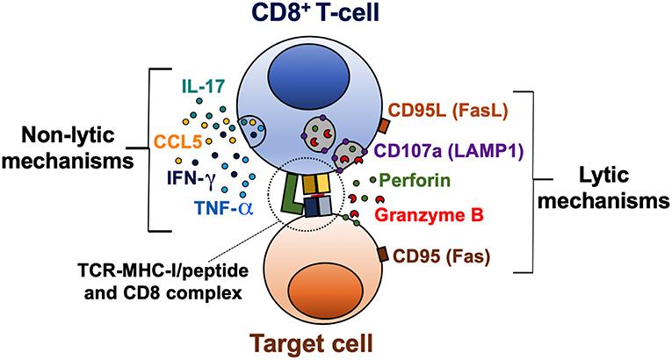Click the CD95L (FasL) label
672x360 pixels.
[x=451, y=112]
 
